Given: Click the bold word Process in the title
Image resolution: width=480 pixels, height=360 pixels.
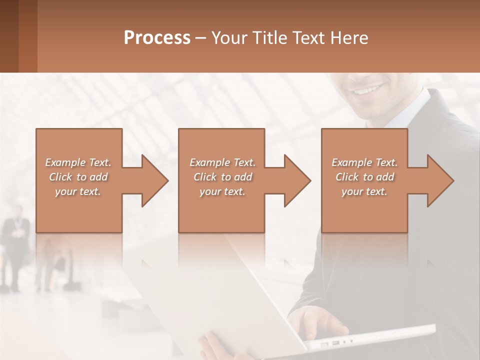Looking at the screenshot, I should (x=157, y=37).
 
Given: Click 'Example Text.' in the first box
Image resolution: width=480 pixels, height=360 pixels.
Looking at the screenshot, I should (x=78, y=162).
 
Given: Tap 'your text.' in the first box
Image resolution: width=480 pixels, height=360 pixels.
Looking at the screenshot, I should (x=78, y=191).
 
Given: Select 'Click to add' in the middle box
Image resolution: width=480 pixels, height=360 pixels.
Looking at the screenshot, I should (x=222, y=177).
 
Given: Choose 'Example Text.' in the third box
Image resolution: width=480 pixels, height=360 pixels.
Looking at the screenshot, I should (x=364, y=162).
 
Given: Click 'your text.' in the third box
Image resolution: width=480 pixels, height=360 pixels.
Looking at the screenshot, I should (x=364, y=191).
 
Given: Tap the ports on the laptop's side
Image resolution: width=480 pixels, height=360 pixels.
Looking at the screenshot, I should (x=335, y=343).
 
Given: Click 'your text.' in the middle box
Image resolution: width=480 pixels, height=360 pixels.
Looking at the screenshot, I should (x=222, y=191).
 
